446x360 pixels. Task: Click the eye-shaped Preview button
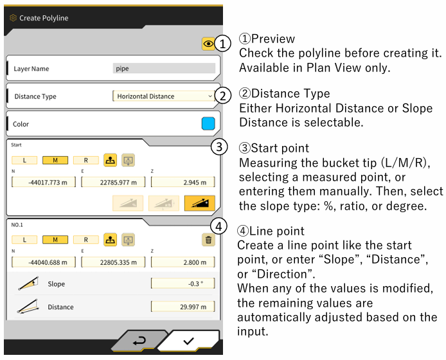coord(208,44)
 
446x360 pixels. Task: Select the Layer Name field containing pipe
coord(164,69)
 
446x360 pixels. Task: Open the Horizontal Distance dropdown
coord(164,96)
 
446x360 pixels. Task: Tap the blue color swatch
coord(208,124)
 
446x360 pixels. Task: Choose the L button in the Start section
coord(24,160)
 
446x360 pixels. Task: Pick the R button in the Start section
coord(86,160)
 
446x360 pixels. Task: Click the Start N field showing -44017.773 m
coord(44,182)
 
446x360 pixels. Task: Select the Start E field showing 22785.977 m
coord(113,182)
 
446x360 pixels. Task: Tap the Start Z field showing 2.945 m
coord(183,182)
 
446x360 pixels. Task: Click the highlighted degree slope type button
coord(200,203)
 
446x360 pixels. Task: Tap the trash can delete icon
coord(208,240)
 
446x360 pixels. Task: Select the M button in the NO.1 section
coord(55,240)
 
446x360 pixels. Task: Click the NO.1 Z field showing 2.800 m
coord(183,262)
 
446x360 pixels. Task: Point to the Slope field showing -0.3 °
coord(183,283)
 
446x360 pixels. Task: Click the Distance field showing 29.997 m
coord(183,307)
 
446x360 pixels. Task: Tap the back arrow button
coord(139,340)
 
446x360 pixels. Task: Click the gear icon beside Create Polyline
coord(13,18)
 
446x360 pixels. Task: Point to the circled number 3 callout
coord(219,147)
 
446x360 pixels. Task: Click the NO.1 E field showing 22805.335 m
coord(113,262)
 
